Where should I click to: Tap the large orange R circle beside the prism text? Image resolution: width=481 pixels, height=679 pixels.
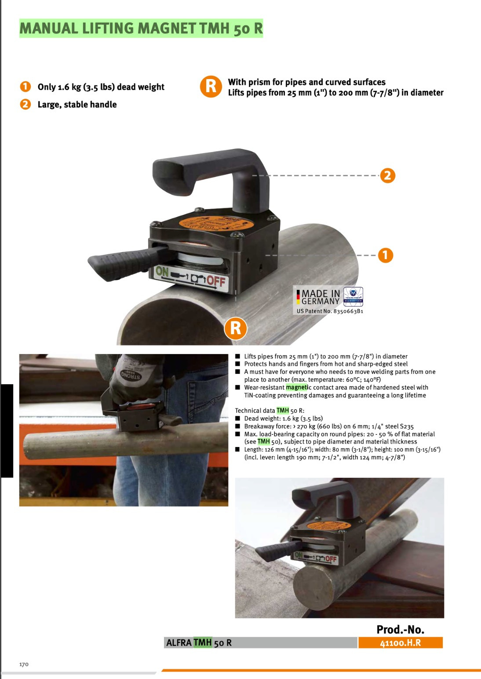tap(211, 87)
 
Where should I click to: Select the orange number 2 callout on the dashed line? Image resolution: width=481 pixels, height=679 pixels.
tap(387, 176)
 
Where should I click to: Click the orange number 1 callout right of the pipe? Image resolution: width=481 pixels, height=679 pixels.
tap(386, 255)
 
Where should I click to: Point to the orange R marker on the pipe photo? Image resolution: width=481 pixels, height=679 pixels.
tap(236, 328)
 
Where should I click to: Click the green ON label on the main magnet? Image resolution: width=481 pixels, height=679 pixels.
tap(162, 271)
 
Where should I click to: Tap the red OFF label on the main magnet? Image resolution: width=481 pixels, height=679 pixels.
tap(216, 281)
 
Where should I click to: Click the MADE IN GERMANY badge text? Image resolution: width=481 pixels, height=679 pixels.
tap(320, 297)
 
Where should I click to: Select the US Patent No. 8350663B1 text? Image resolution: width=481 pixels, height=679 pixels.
tap(330, 311)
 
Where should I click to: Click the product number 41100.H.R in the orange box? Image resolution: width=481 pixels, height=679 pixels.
tap(400, 643)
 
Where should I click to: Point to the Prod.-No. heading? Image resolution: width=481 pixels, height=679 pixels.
tap(400, 630)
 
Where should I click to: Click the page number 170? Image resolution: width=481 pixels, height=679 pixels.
tap(24, 664)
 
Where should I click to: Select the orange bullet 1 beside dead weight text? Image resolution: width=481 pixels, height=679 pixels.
tap(26, 87)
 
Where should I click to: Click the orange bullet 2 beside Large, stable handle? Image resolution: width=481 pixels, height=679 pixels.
tap(26, 104)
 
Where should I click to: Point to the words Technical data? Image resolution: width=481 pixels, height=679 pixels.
tap(255, 411)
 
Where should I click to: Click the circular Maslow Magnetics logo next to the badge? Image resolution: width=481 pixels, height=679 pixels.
tap(353, 296)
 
